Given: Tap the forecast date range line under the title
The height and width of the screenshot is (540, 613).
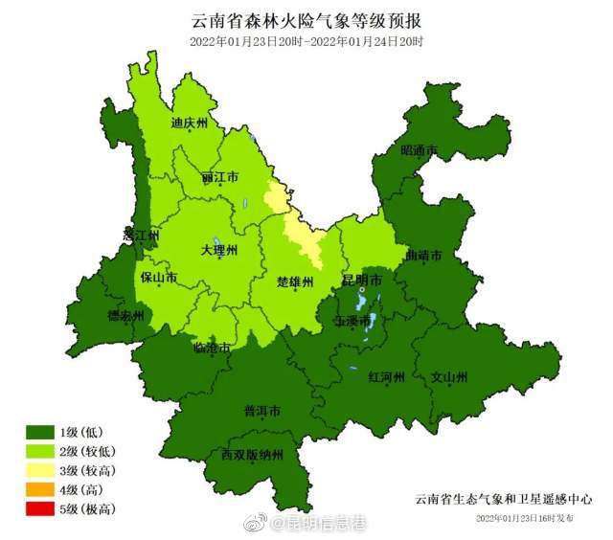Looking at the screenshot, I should [306, 42].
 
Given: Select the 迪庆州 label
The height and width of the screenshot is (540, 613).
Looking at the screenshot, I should [189, 123].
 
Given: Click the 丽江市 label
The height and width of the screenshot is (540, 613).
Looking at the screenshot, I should [220, 178].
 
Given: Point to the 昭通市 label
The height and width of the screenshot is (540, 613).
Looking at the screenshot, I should [419, 150].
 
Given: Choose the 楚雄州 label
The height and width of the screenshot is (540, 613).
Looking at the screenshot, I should [295, 282].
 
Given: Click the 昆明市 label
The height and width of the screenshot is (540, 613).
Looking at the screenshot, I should [363, 281].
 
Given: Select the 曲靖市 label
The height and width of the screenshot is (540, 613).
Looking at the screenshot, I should [423, 257].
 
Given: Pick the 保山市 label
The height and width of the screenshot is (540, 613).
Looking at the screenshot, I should [159, 279].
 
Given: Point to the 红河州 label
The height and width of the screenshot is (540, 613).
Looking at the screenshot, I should [387, 376].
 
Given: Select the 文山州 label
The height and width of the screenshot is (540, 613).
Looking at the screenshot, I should [449, 376].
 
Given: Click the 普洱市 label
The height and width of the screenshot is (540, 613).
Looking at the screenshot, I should [261, 412].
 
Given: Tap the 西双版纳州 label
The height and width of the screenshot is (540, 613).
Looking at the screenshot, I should [253, 455].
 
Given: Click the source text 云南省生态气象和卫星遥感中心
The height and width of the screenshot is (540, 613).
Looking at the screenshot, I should [503, 499].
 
